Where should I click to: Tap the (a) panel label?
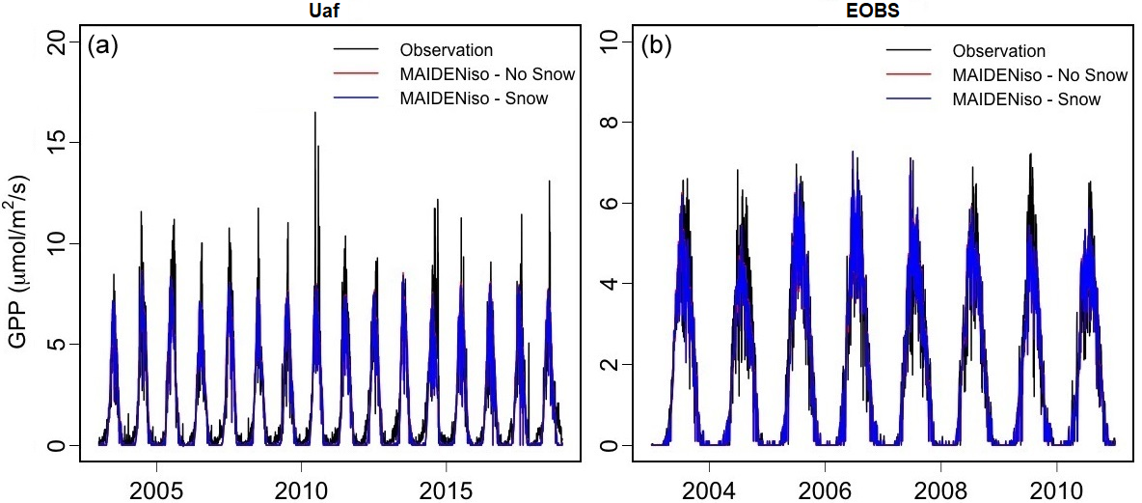[x=102, y=44]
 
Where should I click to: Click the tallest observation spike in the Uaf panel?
[x=314, y=114]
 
